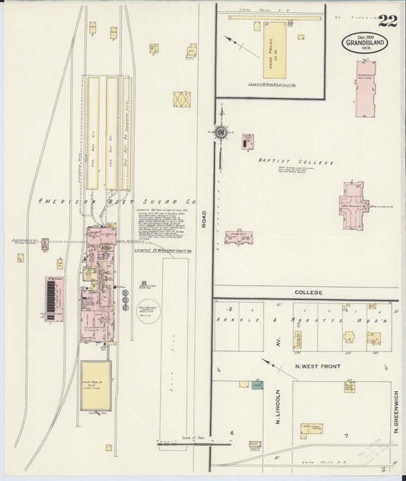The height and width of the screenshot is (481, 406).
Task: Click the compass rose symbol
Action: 221,132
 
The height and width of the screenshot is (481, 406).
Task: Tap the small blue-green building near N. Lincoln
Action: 245,384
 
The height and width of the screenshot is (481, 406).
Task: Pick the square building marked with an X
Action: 182,100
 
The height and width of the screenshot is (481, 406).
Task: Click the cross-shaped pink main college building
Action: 353,203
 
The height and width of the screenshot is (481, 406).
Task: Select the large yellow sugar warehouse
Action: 96,384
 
